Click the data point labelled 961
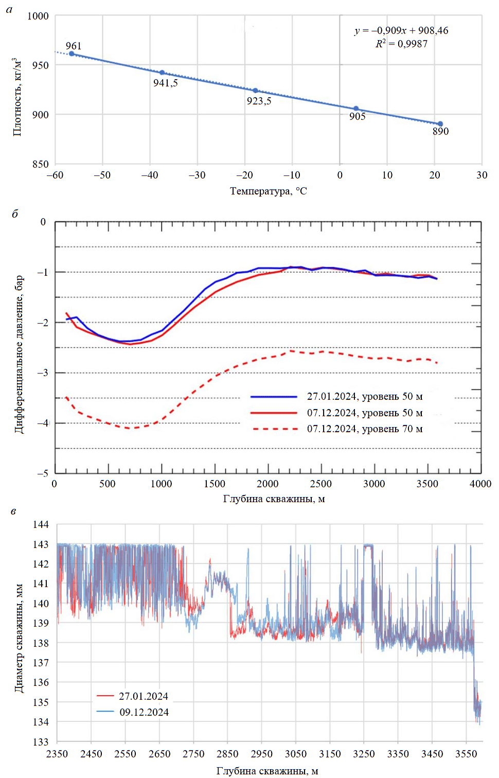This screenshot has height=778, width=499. (x=72, y=54)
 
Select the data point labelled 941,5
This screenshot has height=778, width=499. (x=162, y=73)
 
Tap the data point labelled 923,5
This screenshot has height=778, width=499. (x=255, y=91)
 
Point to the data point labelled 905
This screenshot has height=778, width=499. (x=356, y=109)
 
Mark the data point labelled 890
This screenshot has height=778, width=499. (x=440, y=124)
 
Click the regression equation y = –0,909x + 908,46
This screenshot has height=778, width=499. (x=401, y=31)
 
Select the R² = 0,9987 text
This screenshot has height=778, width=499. (x=401, y=44)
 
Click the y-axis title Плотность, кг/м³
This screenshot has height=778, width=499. (x=17, y=97)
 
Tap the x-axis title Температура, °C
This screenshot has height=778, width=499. (x=268, y=191)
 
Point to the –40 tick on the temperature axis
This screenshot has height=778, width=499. (x=150, y=175)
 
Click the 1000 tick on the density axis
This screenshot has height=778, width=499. (x=38, y=16)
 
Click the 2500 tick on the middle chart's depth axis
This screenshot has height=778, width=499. (x=320, y=484)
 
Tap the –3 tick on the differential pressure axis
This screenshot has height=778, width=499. (x=42, y=373)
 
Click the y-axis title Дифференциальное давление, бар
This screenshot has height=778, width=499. (x=19, y=355)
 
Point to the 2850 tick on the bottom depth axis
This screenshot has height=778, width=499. (x=227, y=754)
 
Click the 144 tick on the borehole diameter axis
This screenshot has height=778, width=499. (x=41, y=524)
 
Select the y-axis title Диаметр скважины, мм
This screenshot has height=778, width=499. (x=19, y=638)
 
